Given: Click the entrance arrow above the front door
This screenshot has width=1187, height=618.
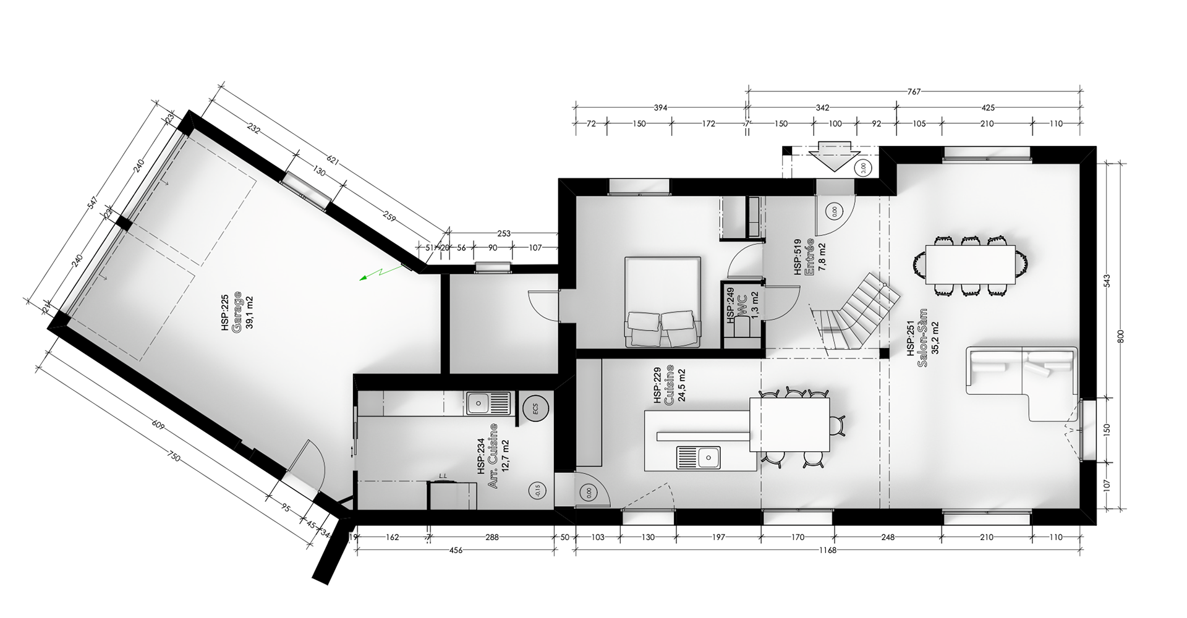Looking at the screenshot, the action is click(834, 156).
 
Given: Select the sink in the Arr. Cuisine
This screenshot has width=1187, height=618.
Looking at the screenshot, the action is click(487, 402).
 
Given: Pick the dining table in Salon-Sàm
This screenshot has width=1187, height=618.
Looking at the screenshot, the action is click(970, 265).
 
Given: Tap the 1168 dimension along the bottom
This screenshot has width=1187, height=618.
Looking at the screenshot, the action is click(827, 551).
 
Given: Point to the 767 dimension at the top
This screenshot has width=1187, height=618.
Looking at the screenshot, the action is click(914, 91).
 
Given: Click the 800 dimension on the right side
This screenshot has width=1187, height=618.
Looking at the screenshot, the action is click(1120, 336).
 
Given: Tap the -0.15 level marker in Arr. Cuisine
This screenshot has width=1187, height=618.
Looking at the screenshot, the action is click(535, 491).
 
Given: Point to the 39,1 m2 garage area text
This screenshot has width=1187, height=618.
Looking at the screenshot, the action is click(249, 313).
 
